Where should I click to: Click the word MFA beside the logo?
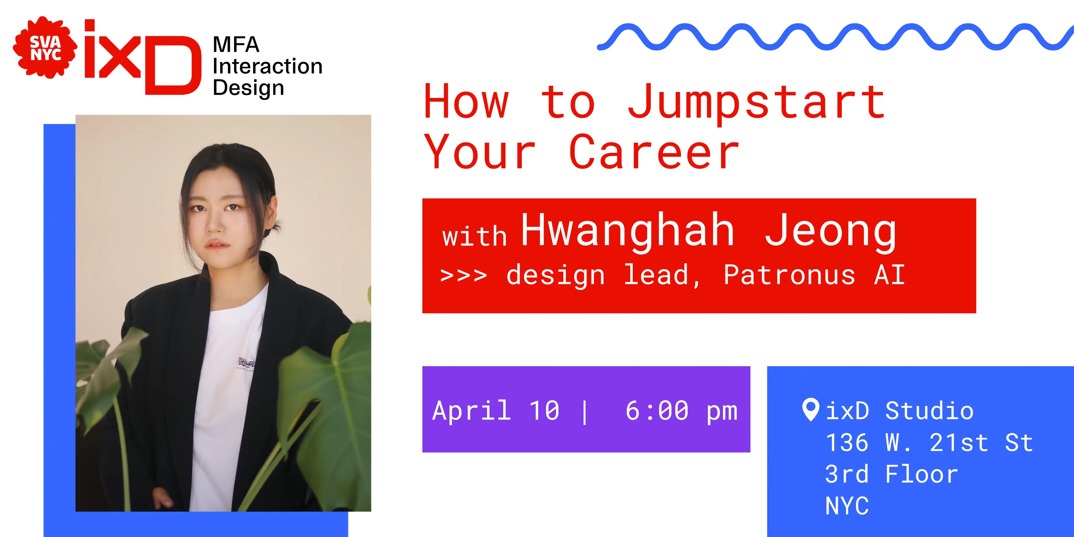(236, 45)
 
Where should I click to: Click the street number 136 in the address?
(847, 442)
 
